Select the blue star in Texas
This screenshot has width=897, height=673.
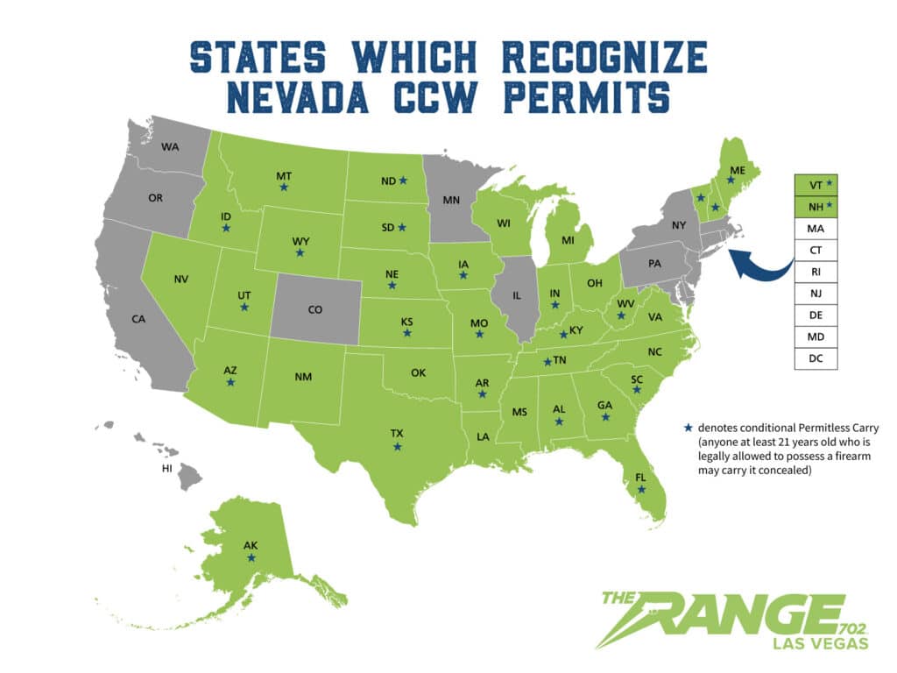pyautogui.click(x=398, y=447)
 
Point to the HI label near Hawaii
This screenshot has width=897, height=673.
pyautogui.click(x=166, y=469)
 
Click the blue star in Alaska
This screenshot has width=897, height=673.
pyautogui.click(x=251, y=557)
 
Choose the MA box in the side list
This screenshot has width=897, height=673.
pyautogui.click(x=816, y=229)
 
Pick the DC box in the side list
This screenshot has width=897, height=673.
pyautogui.click(x=816, y=358)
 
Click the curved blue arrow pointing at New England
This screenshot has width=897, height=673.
pyautogui.click(x=760, y=262)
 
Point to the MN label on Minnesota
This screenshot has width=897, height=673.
pyautogui.click(x=451, y=200)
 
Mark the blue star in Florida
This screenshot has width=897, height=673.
pyautogui.click(x=641, y=489)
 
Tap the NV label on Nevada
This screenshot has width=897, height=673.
pyautogui.click(x=181, y=280)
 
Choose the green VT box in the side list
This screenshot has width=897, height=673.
pyautogui.click(x=816, y=186)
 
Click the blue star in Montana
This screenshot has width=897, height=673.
pyautogui.click(x=284, y=187)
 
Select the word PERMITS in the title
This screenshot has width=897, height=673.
pyautogui.click(x=577, y=94)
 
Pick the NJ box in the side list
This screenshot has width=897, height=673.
pyautogui.click(x=816, y=294)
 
